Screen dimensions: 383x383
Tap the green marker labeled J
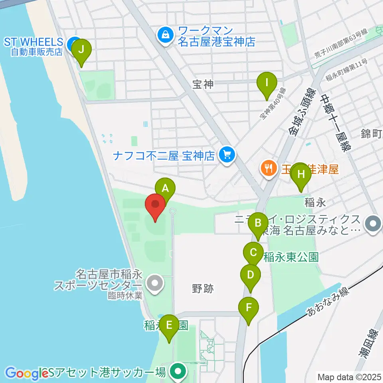pyautogui.click(x=81, y=50)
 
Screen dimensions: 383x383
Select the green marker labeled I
pyautogui.click(x=267, y=83)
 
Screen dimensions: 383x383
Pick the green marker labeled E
pyautogui.click(x=169, y=325)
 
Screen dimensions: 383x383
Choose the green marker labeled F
pyautogui.click(x=249, y=308)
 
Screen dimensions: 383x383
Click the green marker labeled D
pyautogui.click(x=251, y=275)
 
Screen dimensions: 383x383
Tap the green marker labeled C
pyautogui.click(x=253, y=253)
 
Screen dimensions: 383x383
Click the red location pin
pyautogui.click(x=155, y=204)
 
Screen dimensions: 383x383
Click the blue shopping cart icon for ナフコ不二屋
pyautogui.click(x=227, y=154)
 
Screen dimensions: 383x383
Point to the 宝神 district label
pyautogui.click(x=203, y=84)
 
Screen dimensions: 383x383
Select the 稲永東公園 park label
pyautogui.click(x=291, y=257)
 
